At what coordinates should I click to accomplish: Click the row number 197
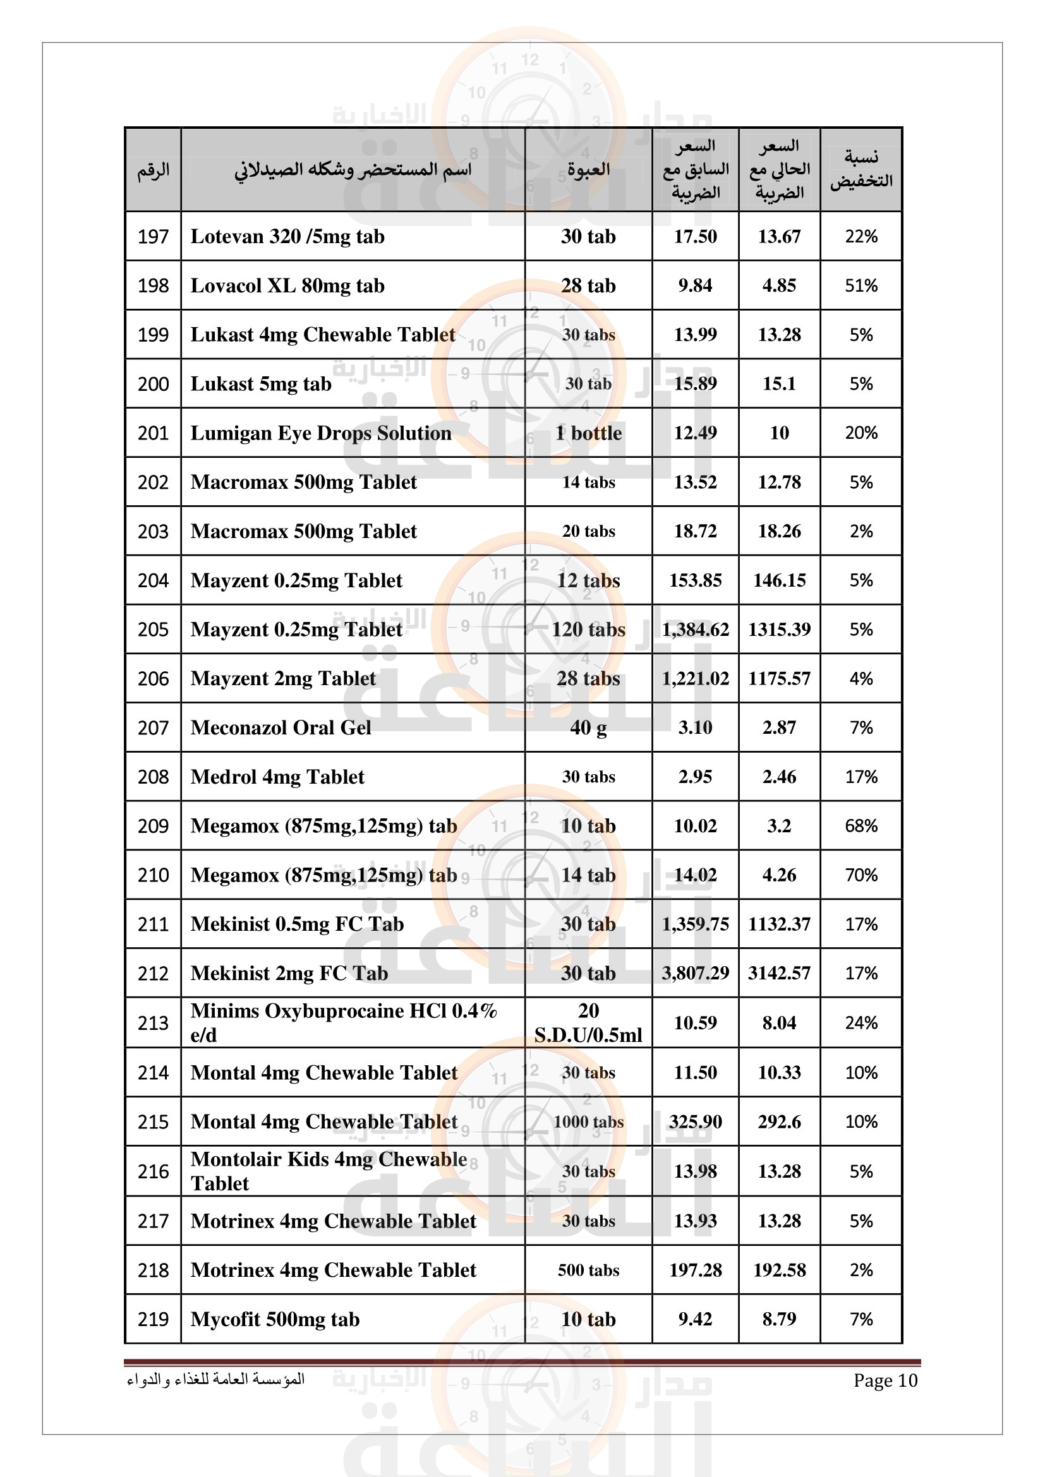click(x=153, y=237)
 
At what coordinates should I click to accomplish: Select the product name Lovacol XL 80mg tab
click(x=287, y=285)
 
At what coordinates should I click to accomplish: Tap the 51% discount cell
click(x=861, y=285)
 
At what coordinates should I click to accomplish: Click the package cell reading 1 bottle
click(x=588, y=433)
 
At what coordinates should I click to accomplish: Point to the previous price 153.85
click(x=695, y=580)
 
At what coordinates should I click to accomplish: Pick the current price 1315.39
click(x=778, y=629)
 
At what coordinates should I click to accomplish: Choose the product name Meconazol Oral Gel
click(x=281, y=727)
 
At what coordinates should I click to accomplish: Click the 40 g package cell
click(x=588, y=727)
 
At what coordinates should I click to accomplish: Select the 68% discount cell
click(x=861, y=826)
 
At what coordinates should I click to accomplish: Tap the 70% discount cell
click(x=861, y=875)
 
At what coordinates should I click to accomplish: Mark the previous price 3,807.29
click(x=695, y=973)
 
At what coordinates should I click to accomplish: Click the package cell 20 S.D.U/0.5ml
click(x=588, y=1023)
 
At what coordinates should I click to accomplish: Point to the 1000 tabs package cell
click(x=588, y=1122)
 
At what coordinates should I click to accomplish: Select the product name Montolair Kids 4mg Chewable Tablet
click(x=328, y=1171)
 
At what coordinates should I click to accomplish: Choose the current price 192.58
click(x=778, y=1270)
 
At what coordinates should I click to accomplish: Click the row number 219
click(x=153, y=1319)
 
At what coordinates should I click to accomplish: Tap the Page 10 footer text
click(x=885, y=1380)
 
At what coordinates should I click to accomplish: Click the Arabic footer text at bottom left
click(x=215, y=1379)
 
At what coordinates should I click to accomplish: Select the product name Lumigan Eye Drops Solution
click(x=320, y=433)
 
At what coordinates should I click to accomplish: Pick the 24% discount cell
click(x=861, y=1023)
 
